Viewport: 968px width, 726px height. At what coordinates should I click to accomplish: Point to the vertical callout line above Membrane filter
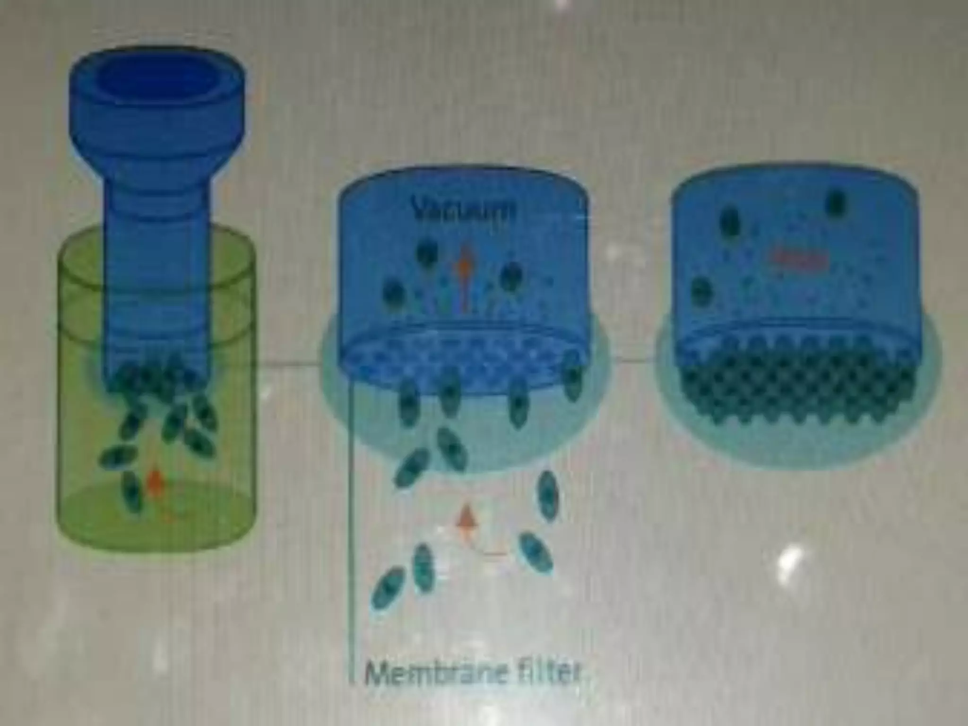pyautogui.click(x=352, y=520)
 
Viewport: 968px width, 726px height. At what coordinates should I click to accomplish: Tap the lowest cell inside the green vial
pyautogui.click(x=132, y=492)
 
